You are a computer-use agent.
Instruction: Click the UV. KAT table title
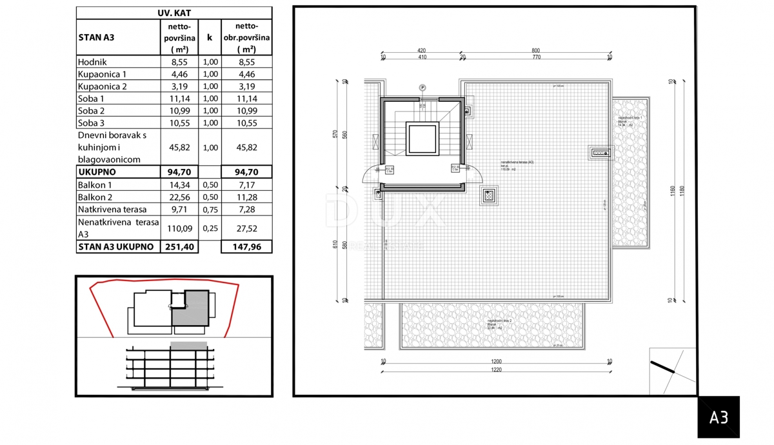pos(174,12)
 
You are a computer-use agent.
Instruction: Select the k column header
pos(209,37)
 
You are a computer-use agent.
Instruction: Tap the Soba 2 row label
pos(91,111)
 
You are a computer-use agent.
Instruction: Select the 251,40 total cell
pos(179,246)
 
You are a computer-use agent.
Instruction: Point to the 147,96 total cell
pos(246,246)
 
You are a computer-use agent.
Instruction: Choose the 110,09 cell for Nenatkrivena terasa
pos(179,228)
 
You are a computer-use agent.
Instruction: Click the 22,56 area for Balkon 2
pos(179,197)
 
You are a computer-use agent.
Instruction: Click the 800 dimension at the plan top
pos(535,50)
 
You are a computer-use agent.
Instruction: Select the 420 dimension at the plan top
pos(422,50)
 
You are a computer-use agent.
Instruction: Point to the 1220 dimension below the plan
pos(496,370)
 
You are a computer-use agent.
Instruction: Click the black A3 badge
pos(719,417)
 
